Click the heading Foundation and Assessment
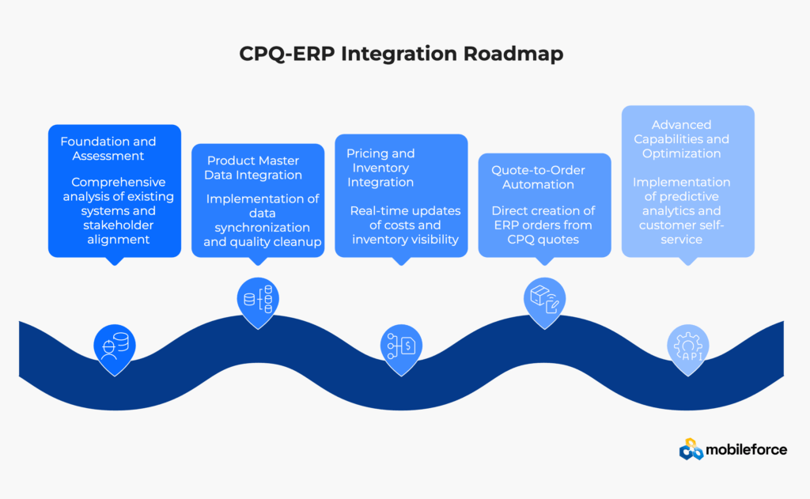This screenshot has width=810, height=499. click(x=108, y=148)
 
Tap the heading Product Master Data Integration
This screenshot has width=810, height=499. click(x=255, y=168)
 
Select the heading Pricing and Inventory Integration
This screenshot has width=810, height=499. click(x=380, y=168)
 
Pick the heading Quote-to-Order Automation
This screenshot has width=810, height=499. click(x=533, y=177)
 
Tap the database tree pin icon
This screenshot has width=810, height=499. click(x=258, y=300)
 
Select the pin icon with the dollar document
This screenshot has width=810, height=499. click(x=401, y=346)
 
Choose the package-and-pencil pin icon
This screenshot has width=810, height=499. click(x=544, y=300)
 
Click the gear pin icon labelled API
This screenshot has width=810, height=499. click(x=688, y=346)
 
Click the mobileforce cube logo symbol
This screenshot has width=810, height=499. click(x=691, y=450)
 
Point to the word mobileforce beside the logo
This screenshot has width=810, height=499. click(x=747, y=450)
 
